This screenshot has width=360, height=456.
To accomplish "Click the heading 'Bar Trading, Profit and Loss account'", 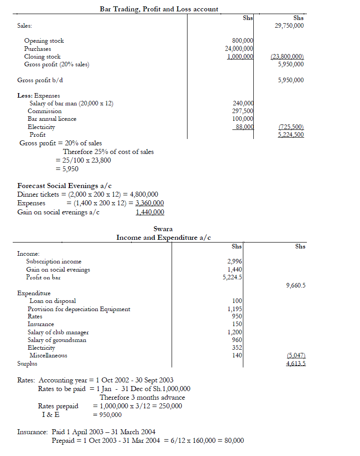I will pos(159,9).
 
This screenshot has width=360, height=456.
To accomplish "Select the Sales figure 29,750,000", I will pos(289,26).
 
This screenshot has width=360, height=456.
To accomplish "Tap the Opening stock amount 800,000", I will pos(242,41).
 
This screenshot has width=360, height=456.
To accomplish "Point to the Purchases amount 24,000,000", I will pos(239,49).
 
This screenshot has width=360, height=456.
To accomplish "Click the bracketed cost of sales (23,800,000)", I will pos(287,57).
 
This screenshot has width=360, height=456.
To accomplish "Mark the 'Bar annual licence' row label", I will pos(52,119).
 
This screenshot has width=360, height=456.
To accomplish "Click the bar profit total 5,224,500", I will pos(291,135).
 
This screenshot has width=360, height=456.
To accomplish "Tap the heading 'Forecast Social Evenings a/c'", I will pos(64,186).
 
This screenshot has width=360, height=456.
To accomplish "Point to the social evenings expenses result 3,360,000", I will pos(150,203).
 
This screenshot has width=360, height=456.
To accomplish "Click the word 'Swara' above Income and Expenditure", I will pos(163,229).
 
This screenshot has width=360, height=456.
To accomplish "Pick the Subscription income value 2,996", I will pos(234,262).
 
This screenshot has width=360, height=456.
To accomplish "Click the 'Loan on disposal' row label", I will pos(53,301).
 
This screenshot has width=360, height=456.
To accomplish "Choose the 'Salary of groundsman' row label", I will pos(57,340).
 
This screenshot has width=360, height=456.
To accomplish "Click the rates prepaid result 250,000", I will pos(168,406).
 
